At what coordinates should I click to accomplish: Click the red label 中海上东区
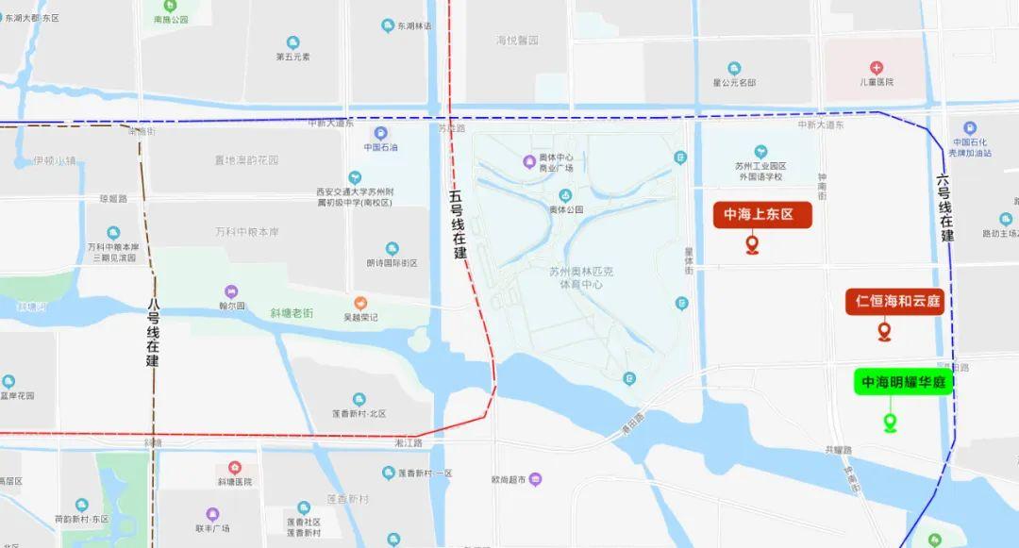pyautogui.click(x=761, y=215)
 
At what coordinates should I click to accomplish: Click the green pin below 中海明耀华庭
pyautogui.click(x=890, y=423)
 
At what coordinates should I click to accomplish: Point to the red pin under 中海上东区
pyautogui.click(x=752, y=246)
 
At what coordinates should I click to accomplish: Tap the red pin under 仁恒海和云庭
pyautogui.click(x=884, y=331)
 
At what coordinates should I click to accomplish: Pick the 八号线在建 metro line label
pyautogui.click(x=153, y=332)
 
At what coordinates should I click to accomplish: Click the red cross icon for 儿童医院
pyautogui.click(x=877, y=67)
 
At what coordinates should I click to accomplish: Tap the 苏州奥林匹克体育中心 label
pyautogui.click(x=581, y=276)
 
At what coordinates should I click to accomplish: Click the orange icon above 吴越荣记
pyautogui.click(x=360, y=302)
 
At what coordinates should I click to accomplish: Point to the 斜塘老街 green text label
pyautogui.click(x=291, y=313)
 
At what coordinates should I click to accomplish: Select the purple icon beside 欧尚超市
pyautogui.click(x=536, y=479)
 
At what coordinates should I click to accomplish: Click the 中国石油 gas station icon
pyautogui.click(x=380, y=133)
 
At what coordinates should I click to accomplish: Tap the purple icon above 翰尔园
pyautogui.click(x=231, y=291)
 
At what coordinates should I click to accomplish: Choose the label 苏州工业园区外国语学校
pyautogui.click(x=760, y=171)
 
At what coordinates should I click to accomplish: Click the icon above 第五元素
pyautogui.click(x=292, y=42)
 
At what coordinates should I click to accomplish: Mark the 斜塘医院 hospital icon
pyautogui.click(x=234, y=468)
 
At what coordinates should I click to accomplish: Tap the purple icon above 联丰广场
pyautogui.click(x=212, y=514)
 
